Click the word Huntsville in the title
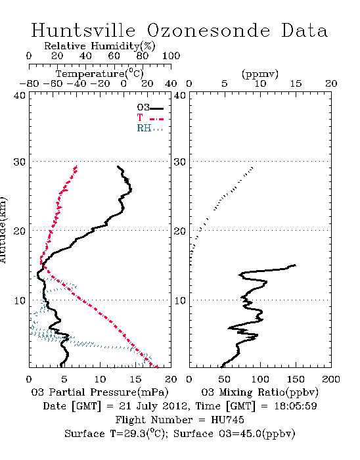click(x=83, y=30)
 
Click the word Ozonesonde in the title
click(x=208, y=30)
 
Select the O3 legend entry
click(x=150, y=108)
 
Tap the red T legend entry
click(x=150, y=118)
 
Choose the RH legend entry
click(x=150, y=128)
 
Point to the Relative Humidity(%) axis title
click(x=100, y=46)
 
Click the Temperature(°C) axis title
click(x=100, y=74)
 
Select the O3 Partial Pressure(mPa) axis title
click(x=100, y=392)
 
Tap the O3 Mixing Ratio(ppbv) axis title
click(x=259, y=392)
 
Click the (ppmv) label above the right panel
click(x=260, y=74)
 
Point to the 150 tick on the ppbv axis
click(x=296, y=379)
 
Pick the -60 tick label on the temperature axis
click(x=53, y=83)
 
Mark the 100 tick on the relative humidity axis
click(x=171, y=55)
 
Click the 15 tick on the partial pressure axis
click(x=136, y=379)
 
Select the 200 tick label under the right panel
click(x=331, y=379)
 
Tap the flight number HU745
click(x=227, y=419)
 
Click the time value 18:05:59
click(x=296, y=406)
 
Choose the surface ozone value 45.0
click(x=249, y=434)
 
